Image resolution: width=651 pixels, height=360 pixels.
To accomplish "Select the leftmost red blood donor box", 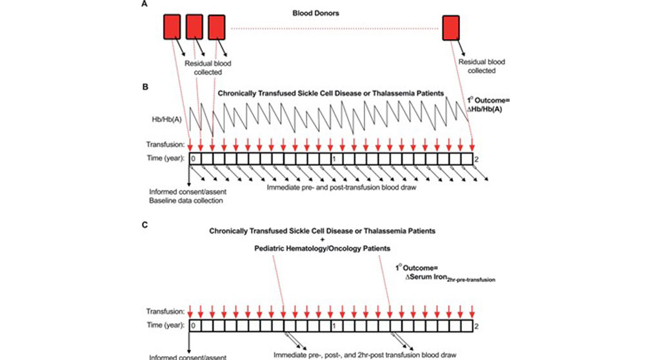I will pos(171,27).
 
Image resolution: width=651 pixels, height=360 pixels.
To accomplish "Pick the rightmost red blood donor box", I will pos(451,27).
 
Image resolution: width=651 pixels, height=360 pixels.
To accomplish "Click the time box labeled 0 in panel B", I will pos(194,159).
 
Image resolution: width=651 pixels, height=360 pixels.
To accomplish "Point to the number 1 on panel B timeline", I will pos(334,159).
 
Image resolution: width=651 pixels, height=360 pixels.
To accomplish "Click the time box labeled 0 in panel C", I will pos(194,326).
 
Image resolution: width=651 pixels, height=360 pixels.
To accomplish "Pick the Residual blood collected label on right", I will pos(481,66).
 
